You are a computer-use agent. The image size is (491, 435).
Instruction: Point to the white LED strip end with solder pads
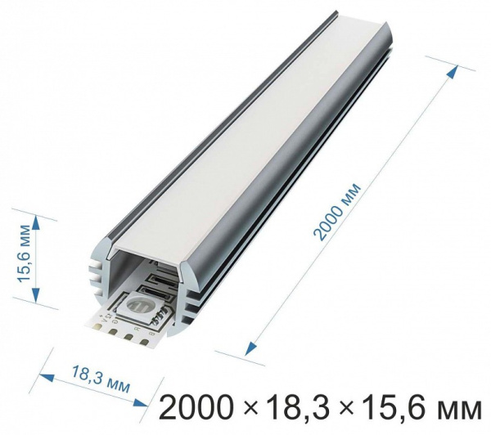(x=115, y=327)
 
